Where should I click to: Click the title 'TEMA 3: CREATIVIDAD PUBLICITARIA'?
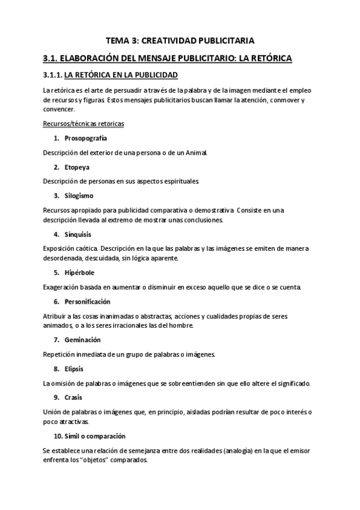coord(180,40)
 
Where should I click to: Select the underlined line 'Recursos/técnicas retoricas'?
coord(84,123)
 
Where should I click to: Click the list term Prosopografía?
coord(87,138)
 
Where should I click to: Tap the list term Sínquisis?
coord(79,234)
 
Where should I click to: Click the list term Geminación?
coord(82,340)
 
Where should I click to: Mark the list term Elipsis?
coord(74,369)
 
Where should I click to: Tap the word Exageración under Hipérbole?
coord(64,287)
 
